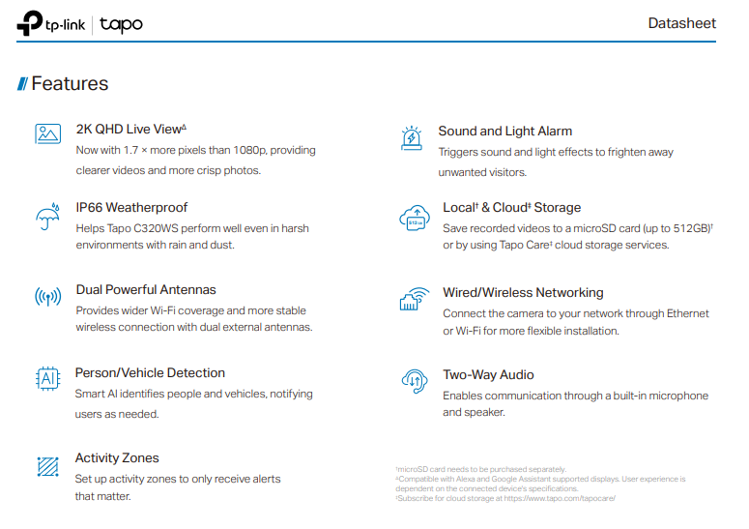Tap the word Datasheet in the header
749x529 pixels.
682,23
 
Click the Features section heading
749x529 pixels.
70,84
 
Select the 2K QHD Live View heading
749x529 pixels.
130,130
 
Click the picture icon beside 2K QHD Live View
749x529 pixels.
47,134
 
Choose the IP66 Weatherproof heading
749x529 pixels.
131,207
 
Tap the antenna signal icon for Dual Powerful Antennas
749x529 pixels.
47,297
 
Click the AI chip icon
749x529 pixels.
47,379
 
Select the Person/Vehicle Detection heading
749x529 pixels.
150,373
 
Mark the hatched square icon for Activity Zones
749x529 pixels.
47,466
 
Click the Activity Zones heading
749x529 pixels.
117,458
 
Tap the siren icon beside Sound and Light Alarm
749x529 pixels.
411,137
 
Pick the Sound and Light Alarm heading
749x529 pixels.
504,132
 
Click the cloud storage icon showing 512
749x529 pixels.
414,219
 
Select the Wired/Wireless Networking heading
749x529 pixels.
523,292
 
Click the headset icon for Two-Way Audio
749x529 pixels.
415,381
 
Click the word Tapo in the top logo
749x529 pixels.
121,24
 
